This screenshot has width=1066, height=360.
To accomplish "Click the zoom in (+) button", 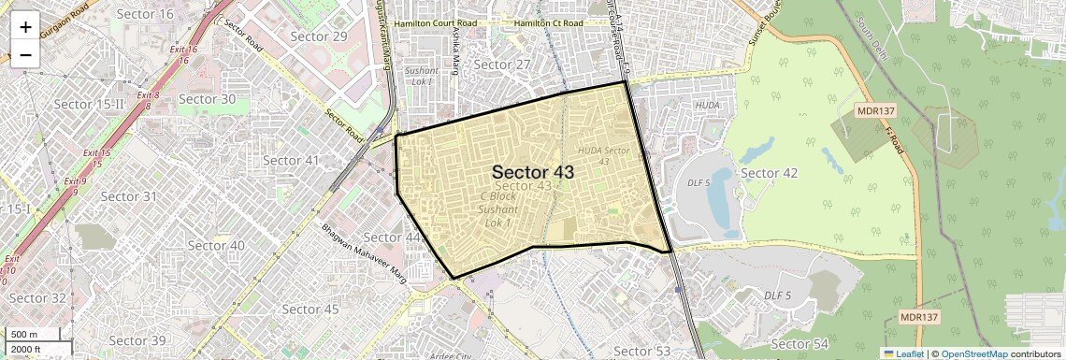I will pos(25,26).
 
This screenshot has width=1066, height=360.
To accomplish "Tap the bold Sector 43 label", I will pos(532,172).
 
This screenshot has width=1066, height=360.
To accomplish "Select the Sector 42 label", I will pos(769,173).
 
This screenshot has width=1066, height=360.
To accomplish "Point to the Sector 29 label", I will pos(319,36).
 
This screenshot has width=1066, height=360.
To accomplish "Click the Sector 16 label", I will pos(146,14).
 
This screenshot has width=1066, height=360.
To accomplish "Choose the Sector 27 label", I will pos(502,65).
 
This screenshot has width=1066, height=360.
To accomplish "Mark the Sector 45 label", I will pos(310,309).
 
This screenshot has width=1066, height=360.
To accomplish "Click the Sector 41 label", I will pos(292,160).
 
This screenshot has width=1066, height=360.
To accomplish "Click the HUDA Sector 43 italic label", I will pos(604,155).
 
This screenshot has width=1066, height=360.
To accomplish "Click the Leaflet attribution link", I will pos(903,353).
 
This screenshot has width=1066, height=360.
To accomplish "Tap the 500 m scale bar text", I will pos(25,335).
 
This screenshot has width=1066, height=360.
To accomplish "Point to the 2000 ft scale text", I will pos(27,349).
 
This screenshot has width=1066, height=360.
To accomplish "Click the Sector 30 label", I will pos(207,98).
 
